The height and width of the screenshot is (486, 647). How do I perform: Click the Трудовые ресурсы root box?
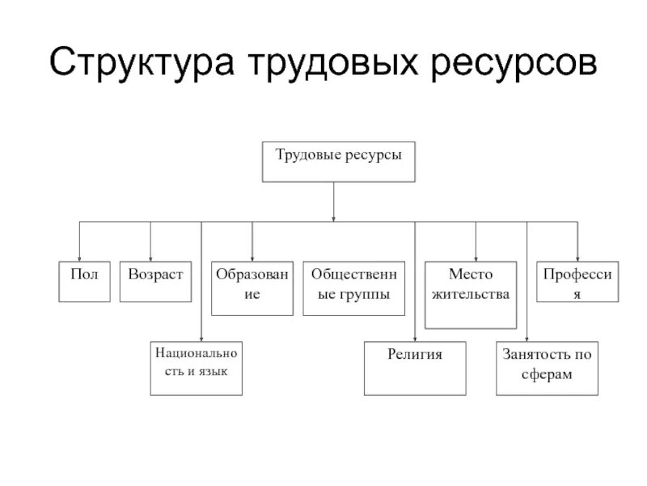tap(339, 161)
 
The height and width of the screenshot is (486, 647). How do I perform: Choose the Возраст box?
tap(155, 281)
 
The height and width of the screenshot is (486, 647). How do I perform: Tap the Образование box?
tap(252, 288)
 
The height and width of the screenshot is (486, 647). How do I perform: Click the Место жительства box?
tap(471, 294)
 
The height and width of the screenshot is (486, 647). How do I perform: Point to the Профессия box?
tap(577, 282)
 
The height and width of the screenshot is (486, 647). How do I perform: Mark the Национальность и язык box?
tap(197, 369)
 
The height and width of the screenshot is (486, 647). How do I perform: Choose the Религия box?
tap(415, 369)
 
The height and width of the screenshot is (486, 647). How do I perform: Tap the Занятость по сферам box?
tap(547, 369)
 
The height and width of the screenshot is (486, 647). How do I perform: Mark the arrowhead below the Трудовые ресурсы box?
tap(334, 216)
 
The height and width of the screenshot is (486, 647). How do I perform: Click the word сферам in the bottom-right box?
tap(548, 375)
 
